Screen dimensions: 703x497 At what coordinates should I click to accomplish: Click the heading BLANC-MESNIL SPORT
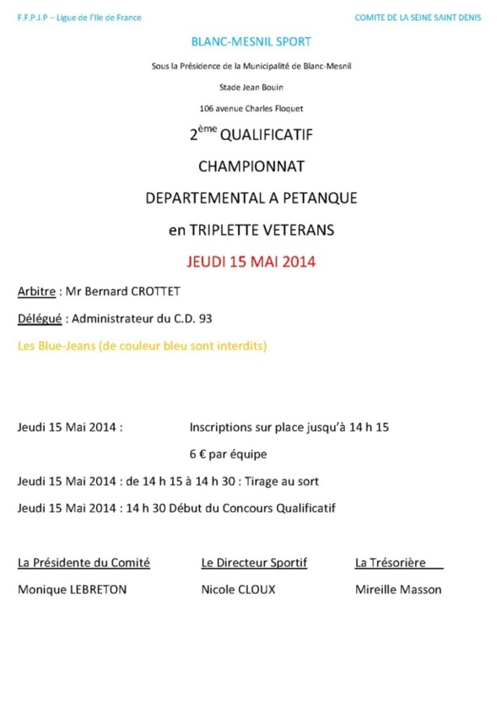(251, 41)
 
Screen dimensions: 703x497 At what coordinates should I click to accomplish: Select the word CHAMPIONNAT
(251, 165)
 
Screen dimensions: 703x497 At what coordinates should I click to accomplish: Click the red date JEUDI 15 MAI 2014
(251, 261)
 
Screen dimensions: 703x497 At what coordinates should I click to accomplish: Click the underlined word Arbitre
(36, 291)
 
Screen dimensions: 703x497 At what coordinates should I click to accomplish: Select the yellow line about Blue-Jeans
(142, 346)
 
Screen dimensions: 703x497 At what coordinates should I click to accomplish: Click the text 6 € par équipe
(228, 454)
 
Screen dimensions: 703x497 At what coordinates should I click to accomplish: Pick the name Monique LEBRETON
(73, 590)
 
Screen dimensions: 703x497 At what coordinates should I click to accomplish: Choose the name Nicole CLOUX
(238, 590)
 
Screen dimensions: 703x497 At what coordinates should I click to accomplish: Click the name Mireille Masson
(398, 590)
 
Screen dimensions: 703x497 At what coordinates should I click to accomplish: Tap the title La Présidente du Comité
(84, 562)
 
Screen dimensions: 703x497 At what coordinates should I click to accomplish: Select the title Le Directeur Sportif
(254, 562)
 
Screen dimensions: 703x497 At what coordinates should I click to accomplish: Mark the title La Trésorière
(391, 562)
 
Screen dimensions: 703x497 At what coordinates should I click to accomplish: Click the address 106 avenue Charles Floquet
(251, 108)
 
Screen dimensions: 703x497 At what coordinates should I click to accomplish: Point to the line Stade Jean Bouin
(251, 86)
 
